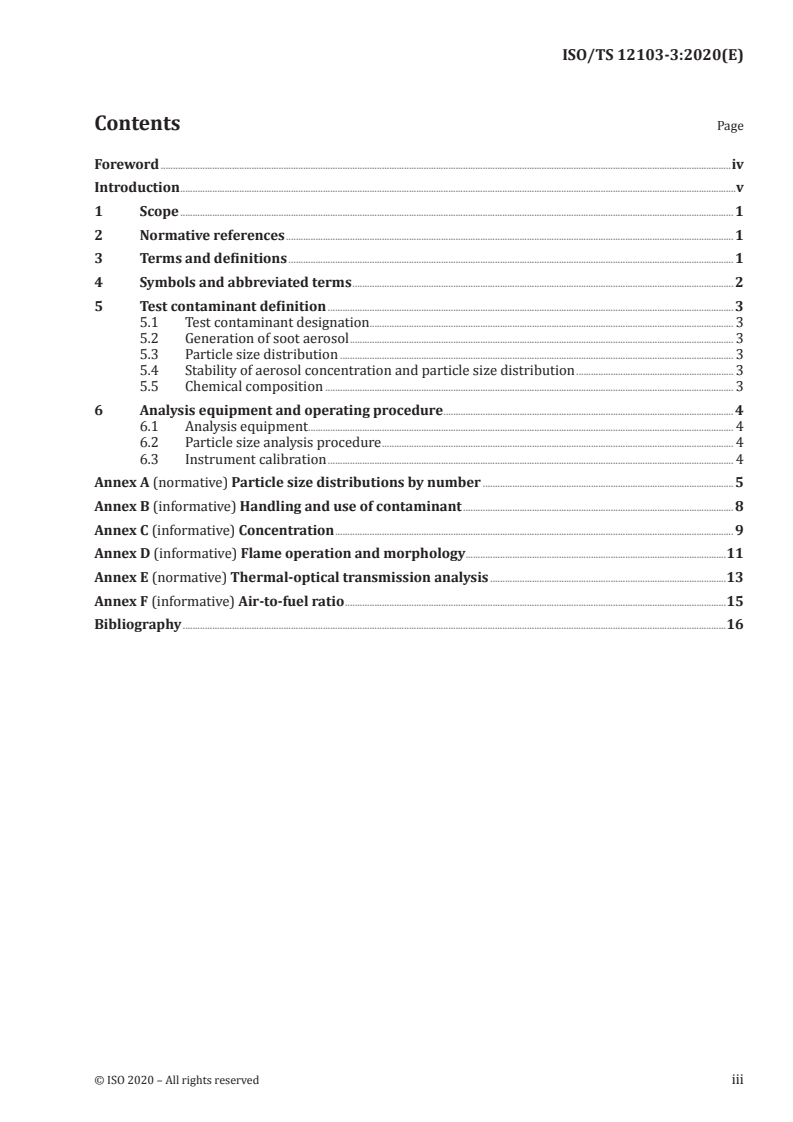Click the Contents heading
click(x=137, y=124)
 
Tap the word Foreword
click(x=126, y=164)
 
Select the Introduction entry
click(x=136, y=188)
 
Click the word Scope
click(x=159, y=212)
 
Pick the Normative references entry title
click(x=212, y=236)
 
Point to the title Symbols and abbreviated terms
click(x=245, y=283)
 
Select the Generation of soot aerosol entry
click(x=267, y=338)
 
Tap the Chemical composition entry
click(x=254, y=386)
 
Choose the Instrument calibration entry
click(x=255, y=459)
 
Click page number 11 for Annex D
click(x=735, y=553)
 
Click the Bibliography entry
click(x=137, y=625)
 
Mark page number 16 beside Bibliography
click(x=735, y=625)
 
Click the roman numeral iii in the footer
click(x=738, y=1080)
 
